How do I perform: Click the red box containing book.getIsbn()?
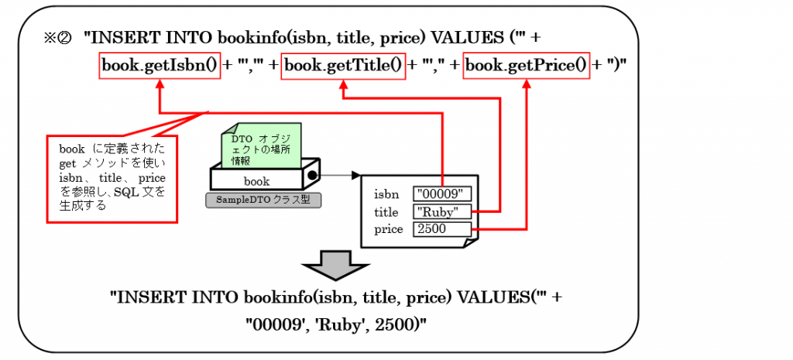click(160, 66)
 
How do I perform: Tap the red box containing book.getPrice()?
click(527, 66)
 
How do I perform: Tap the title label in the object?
click(386, 211)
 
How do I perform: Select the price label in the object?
click(388, 229)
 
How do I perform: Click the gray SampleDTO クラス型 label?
click(263, 200)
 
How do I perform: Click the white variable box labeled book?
click(256, 181)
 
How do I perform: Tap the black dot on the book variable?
click(313, 176)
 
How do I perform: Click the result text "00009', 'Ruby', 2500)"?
click(337, 326)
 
